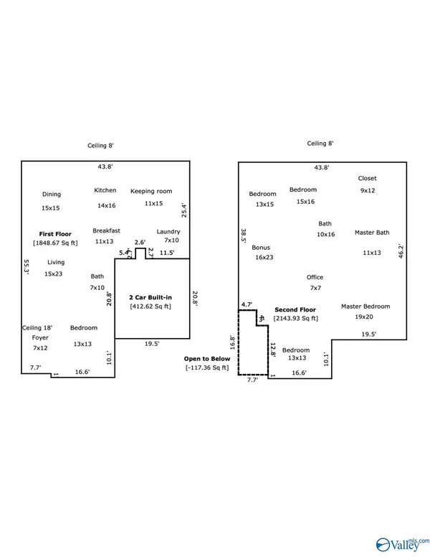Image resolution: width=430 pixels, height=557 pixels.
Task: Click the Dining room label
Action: pos(51,194)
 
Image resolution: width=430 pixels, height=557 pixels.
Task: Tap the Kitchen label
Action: pos(105,190)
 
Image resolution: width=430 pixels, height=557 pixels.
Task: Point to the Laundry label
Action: pos(168,231)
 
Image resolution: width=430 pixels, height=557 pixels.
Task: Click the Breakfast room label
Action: pos(106,230)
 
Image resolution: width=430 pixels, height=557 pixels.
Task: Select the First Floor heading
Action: pos(54,234)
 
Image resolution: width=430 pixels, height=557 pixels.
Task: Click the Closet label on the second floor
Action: pos(368,178)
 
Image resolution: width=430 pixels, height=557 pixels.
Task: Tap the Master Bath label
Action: pos(372,233)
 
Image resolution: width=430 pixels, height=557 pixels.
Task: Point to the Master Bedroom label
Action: pos(365,306)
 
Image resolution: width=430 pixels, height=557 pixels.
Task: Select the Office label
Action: pos(315,277)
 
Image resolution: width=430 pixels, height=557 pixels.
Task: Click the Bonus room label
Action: pos(261,248)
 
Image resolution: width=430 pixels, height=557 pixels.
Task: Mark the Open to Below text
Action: pos(206,358)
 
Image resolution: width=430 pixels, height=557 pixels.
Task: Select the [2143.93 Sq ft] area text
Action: pos(295,318)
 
